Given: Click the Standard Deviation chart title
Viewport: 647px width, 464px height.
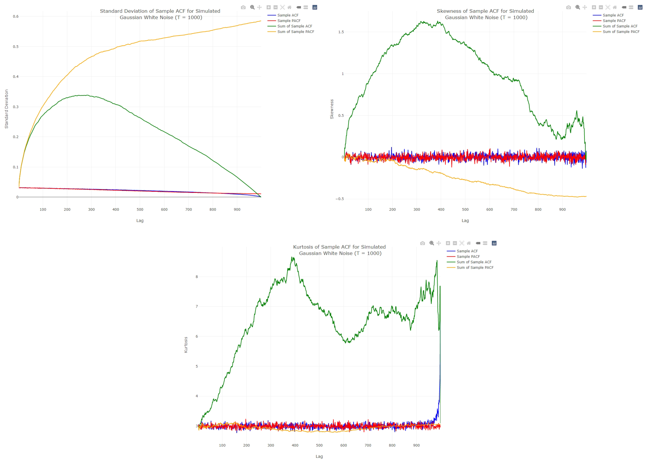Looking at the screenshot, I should tap(160, 14).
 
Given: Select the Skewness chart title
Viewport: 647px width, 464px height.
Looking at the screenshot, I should tap(485, 14).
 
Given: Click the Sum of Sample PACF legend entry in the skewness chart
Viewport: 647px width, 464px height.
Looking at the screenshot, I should tap(621, 32).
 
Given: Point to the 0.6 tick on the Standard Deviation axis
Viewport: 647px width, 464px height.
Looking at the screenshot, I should tap(16, 16).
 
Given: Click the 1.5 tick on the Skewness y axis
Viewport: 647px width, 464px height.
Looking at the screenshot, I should tap(341, 32).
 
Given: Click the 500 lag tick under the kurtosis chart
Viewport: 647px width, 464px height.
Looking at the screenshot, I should tap(319, 445).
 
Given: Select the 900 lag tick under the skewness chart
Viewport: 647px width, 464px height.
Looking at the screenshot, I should tap(562, 209).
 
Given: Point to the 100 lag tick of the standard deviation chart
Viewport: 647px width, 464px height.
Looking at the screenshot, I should tap(43, 209).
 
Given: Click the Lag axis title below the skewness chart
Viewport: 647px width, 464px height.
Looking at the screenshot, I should tap(465, 220).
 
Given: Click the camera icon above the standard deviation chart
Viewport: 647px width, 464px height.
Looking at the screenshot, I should tap(243, 7).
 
